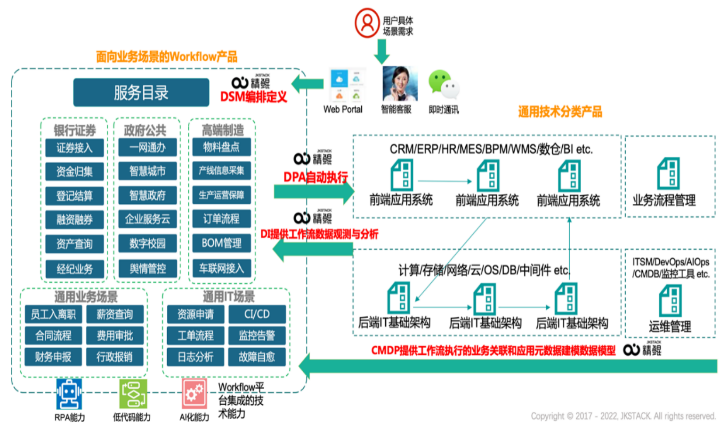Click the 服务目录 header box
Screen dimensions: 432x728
(141, 93)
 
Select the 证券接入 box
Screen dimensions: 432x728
(74, 148)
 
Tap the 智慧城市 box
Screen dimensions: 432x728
(147, 171)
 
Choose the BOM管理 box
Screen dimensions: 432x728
(221, 243)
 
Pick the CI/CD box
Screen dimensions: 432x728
(257, 314)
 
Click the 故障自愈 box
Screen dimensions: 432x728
(257, 357)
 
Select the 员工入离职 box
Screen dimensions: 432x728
(53, 314)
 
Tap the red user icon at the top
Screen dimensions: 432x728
(367, 23)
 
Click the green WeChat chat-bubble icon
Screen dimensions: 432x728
(443, 84)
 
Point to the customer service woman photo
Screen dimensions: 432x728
(399, 84)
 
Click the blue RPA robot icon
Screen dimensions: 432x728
(69, 394)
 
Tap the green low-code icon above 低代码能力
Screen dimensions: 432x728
(133, 394)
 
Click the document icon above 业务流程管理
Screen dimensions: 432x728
(668, 173)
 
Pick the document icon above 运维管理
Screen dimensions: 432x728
(670, 300)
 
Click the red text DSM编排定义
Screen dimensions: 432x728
(253, 97)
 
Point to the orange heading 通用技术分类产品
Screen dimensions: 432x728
(560, 112)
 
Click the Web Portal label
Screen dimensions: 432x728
(343, 110)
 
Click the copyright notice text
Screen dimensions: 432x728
(623, 416)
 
